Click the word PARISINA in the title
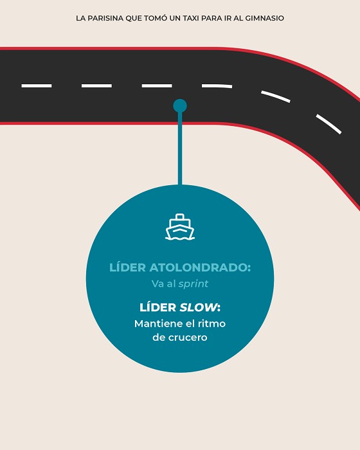[x=105, y=18]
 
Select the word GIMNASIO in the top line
[x=264, y=18]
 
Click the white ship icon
[x=180, y=227]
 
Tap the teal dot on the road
[x=180, y=106]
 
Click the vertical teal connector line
[x=180, y=148]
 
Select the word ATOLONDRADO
[x=200, y=267]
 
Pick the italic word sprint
[x=194, y=284]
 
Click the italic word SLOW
[x=198, y=307]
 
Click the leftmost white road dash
[x=37, y=85]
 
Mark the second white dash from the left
[x=96, y=85]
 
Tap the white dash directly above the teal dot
[x=157, y=85]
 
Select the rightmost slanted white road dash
[x=328, y=124]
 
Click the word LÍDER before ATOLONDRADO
[x=128, y=267]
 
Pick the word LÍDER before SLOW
[x=158, y=307]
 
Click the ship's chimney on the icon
[x=180, y=217]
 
